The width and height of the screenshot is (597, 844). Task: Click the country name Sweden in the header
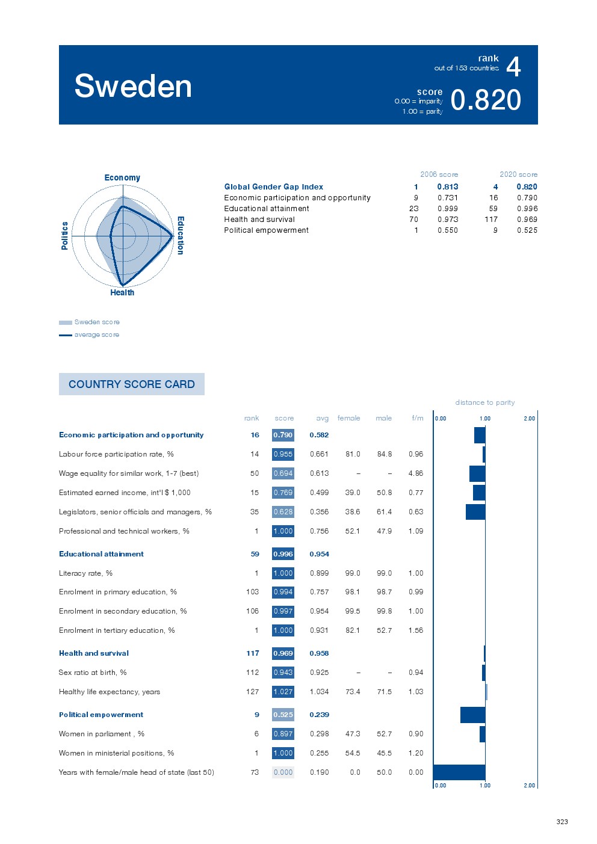pos(133,86)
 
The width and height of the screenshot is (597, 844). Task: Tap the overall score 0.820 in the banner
pos(485,100)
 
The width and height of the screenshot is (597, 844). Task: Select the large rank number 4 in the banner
pos(513,67)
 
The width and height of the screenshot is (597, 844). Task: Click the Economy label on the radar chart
pos(122,177)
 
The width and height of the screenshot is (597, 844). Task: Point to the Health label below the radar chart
pos(122,292)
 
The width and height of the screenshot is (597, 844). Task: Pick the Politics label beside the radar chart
pos(64,235)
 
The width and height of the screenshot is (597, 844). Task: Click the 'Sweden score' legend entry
pos(96,322)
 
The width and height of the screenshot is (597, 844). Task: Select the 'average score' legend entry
pos(96,334)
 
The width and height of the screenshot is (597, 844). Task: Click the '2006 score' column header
pos(439,174)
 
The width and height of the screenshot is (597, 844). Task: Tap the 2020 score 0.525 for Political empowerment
pos(527,230)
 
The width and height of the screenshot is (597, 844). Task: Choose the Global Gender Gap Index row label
pos(273,187)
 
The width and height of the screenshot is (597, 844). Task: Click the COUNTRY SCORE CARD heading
pos(132,384)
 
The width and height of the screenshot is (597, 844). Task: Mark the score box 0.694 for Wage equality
pos(283,473)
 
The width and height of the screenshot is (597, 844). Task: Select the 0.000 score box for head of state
pos(283,772)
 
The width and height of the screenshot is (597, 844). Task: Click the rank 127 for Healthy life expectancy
pos(252,692)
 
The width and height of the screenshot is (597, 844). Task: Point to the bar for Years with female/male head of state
pos(459,772)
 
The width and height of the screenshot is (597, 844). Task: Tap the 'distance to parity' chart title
pos(484,402)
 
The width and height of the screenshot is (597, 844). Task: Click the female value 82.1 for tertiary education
pos(353,630)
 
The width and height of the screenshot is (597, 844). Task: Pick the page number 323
pos(562,822)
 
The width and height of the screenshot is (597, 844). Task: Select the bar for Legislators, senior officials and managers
pos(475,512)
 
